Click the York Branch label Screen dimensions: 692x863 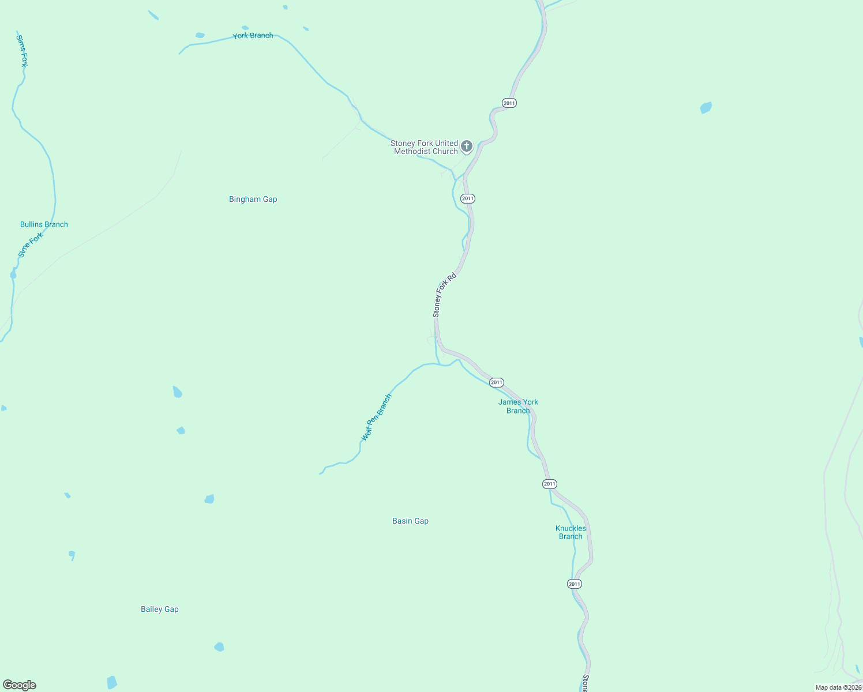253,36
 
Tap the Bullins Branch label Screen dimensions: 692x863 44,224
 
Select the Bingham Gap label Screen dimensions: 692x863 253,199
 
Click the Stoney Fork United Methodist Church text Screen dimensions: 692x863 425,147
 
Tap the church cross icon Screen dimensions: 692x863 467,146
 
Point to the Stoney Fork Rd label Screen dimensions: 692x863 444,295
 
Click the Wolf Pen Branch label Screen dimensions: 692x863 376,418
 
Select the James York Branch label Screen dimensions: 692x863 518,407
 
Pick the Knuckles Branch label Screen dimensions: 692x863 571,532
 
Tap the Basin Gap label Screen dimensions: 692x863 410,521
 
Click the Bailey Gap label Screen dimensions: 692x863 160,609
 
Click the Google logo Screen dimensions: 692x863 20,685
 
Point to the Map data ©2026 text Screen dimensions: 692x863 838,687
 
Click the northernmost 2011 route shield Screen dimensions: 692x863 509,103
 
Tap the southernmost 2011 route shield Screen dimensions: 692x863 574,584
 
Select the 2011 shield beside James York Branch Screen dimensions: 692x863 497,382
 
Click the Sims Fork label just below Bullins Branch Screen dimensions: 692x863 31,245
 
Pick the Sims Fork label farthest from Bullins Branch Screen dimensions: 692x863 22,51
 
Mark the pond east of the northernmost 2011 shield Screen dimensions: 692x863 706,108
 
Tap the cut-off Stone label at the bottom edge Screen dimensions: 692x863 586,683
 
